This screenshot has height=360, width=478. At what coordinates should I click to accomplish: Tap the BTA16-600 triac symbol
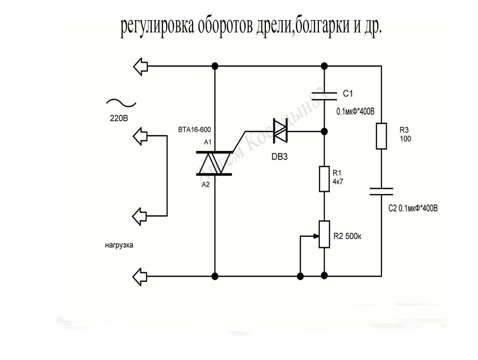pyautogui.click(x=215, y=163)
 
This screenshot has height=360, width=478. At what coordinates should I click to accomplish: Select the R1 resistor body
pyautogui.click(x=324, y=179)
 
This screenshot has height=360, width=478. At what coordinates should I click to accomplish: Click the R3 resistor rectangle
pyautogui.click(x=381, y=136)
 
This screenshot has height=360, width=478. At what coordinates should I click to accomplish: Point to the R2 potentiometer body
pyautogui.click(x=324, y=234)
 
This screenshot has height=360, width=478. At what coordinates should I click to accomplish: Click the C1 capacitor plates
pyautogui.click(x=324, y=96)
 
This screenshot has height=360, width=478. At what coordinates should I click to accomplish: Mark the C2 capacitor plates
pyautogui.click(x=381, y=191)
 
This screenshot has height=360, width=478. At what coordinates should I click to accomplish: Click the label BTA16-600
pyautogui.click(x=195, y=130)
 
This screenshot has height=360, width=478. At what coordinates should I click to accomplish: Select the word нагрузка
pyautogui.click(x=119, y=246)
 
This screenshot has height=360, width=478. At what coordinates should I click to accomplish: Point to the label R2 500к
pyautogui.click(x=347, y=236)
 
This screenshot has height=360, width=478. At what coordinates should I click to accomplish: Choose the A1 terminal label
pyautogui.click(x=208, y=142)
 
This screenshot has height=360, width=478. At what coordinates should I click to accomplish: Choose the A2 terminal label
pyautogui.click(x=206, y=185)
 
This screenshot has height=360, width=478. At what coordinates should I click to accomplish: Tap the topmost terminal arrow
pyautogui.click(x=141, y=66)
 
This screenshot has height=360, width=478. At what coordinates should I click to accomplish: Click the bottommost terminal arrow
pyautogui.click(x=141, y=275)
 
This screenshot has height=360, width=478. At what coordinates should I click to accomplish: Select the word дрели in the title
pyautogui.click(x=270, y=27)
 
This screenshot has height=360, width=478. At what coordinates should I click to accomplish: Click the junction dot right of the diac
pyautogui.click(x=324, y=131)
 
